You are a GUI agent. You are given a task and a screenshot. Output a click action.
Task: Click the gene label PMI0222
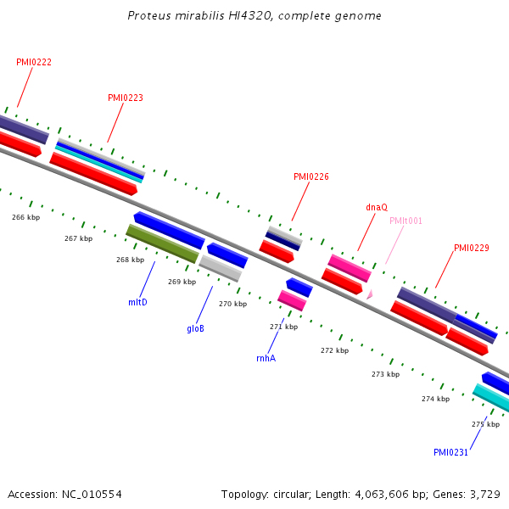click(x=34, y=62)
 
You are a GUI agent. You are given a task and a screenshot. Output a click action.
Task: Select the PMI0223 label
click(x=126, y=98)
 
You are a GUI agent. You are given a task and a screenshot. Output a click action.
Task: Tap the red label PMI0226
click(x=311, y=176)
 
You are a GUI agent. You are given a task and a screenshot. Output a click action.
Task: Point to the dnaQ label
click(x=377, y=206)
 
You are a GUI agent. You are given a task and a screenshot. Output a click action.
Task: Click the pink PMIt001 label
click(x=406, y=221)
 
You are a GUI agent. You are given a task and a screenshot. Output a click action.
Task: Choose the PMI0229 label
click(x=472, y=248)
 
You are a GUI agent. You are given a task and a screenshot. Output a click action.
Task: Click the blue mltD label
click(x=137, y=301)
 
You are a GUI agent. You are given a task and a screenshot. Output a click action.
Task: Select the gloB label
click(x=195, y=328)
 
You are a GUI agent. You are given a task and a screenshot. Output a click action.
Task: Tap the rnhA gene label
click(x=266, y=358)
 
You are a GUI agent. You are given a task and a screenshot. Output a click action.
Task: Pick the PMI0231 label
click(x=450, y=452)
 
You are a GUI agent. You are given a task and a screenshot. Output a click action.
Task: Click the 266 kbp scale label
click(x=25, y=217)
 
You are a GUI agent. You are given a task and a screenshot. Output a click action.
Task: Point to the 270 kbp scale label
click(x=232, y=304)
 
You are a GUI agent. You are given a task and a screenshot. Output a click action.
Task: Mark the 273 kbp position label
click(x=385, y=374)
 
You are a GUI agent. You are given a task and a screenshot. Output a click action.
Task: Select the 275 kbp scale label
click(x=485, y=424)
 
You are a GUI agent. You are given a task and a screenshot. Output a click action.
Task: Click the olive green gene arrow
click(x=162, y=243)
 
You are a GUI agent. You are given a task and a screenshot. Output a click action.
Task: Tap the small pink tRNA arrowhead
click(x=369, y=294)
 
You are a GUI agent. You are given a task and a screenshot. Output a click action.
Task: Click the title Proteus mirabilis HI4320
click(x=255, y=16)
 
